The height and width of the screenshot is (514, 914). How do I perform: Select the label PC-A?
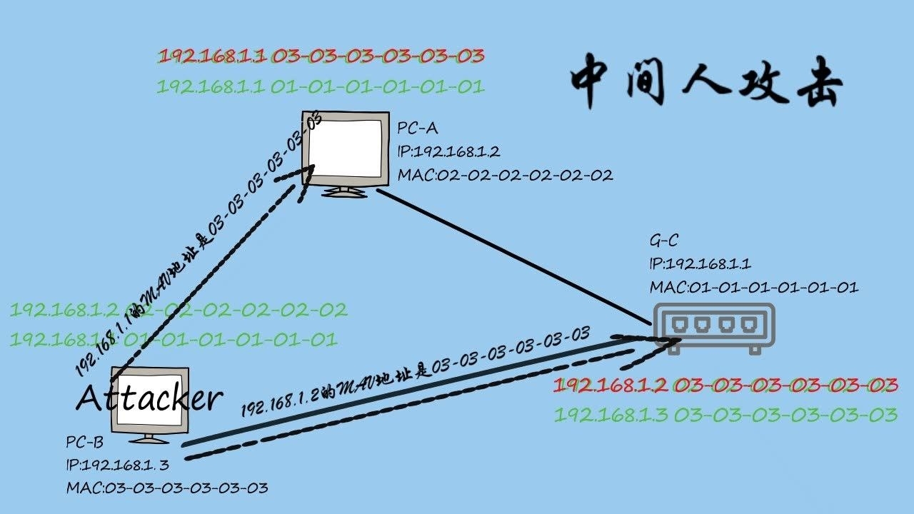click(418, 128)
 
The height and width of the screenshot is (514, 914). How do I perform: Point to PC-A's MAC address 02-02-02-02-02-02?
click(505, 175)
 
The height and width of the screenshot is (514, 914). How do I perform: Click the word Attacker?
click(149, 398)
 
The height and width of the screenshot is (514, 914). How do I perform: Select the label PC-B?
click(85, 443)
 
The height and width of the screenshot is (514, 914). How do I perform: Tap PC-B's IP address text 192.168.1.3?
click(117, 465)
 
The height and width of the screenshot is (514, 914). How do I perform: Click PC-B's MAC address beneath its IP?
click(167, 488)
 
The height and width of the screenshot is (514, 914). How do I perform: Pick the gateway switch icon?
click(714, 328)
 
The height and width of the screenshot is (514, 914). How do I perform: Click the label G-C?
click(664, 241)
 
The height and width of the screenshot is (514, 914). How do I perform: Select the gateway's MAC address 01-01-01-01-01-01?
click(753, 288)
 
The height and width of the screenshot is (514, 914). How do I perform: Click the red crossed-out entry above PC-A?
click(321, 56)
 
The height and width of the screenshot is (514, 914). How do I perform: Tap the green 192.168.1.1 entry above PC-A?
click(321, 87)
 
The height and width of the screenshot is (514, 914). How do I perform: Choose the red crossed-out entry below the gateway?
click(725, 386)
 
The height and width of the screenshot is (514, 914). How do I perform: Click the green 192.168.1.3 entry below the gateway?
click(725, 415)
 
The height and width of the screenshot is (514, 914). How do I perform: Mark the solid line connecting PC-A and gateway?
click(514, 256)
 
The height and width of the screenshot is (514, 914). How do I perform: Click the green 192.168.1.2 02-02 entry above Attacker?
click(179, 310)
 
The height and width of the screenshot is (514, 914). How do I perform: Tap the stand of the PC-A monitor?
click(346, 191)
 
